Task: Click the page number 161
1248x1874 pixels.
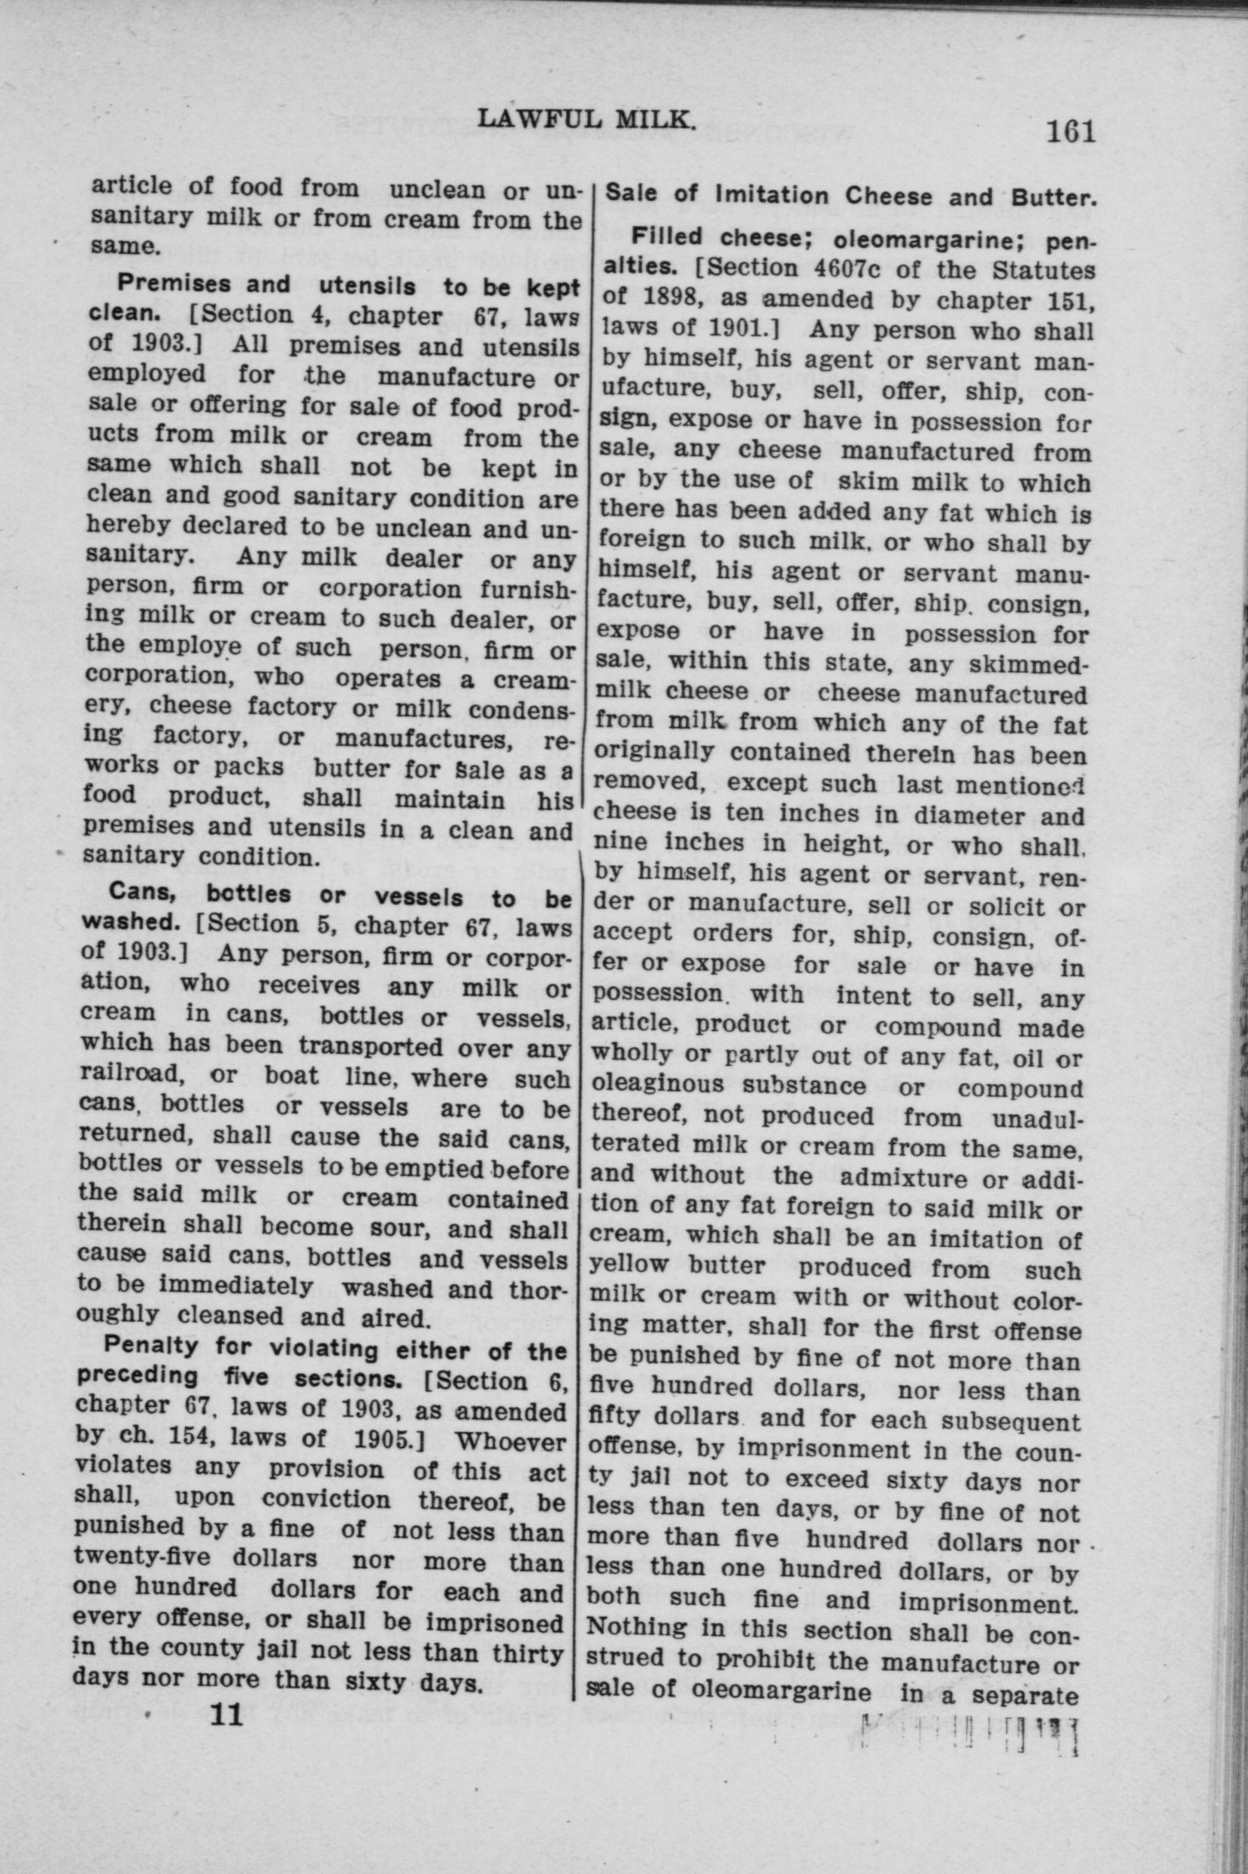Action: tap(1071, 130)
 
